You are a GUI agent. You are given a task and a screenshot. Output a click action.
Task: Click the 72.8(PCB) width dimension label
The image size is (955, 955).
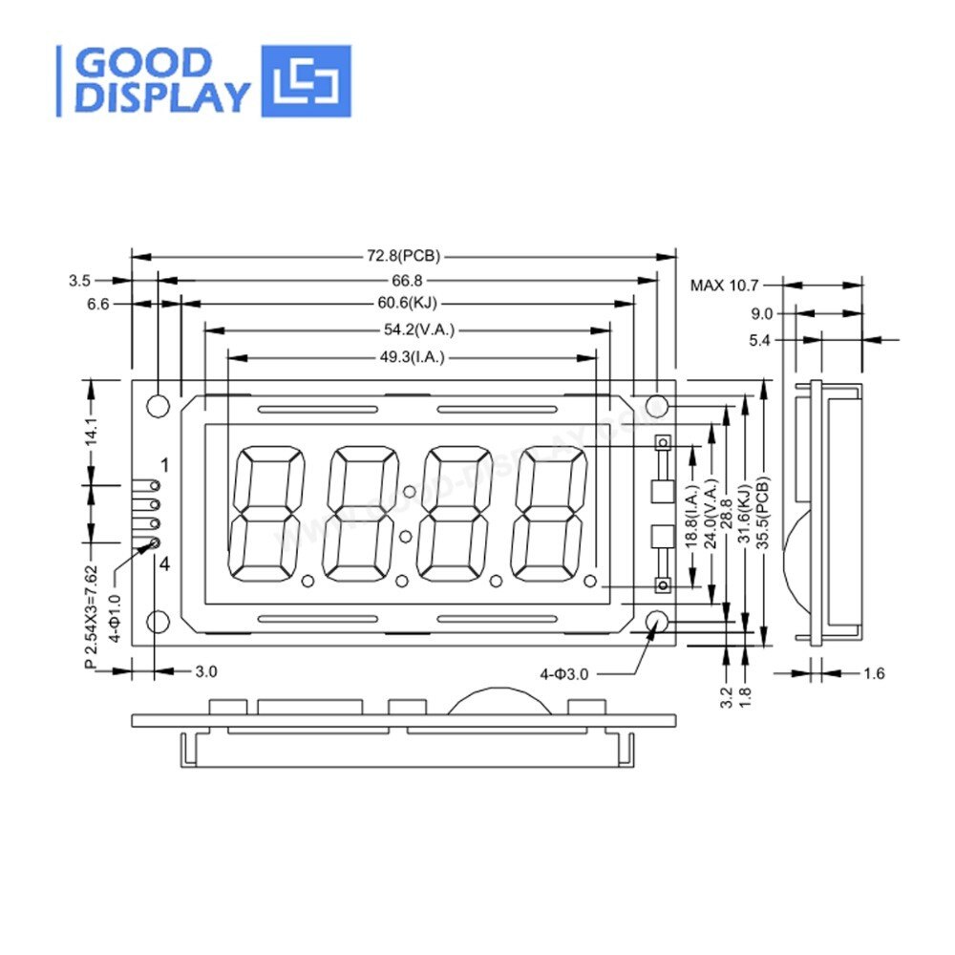[x=403, y=256]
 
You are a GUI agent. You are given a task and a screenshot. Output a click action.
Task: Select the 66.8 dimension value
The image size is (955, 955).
[x=406, y=280]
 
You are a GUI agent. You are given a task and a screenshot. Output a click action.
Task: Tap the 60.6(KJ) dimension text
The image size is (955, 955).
[x=406, y=304]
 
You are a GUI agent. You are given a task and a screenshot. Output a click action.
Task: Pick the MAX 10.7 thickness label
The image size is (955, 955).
[x=723, y=285]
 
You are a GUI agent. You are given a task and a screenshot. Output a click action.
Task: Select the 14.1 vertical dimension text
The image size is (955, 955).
[x=91, y=432]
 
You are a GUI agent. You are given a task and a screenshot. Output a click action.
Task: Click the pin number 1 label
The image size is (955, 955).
[x=165, y=466]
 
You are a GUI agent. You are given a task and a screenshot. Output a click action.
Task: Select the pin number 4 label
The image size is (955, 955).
[x=164, y=564]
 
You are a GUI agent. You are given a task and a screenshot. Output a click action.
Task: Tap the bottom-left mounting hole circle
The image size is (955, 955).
[x=158, y=623]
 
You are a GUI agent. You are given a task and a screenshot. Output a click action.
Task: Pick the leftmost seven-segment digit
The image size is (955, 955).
[x=267, y=513]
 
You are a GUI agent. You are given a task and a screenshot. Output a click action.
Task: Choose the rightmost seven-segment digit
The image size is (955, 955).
[x=550, y=513]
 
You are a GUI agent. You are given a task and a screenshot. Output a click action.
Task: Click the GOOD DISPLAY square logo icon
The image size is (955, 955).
[x=307, y=81]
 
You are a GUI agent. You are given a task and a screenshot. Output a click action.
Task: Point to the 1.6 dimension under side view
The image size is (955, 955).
[x=874, y=673]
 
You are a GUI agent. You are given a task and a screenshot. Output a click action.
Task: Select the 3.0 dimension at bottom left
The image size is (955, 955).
[x=206, y=671]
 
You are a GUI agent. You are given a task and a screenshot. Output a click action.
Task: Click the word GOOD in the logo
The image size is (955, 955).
[x=143, y=64]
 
